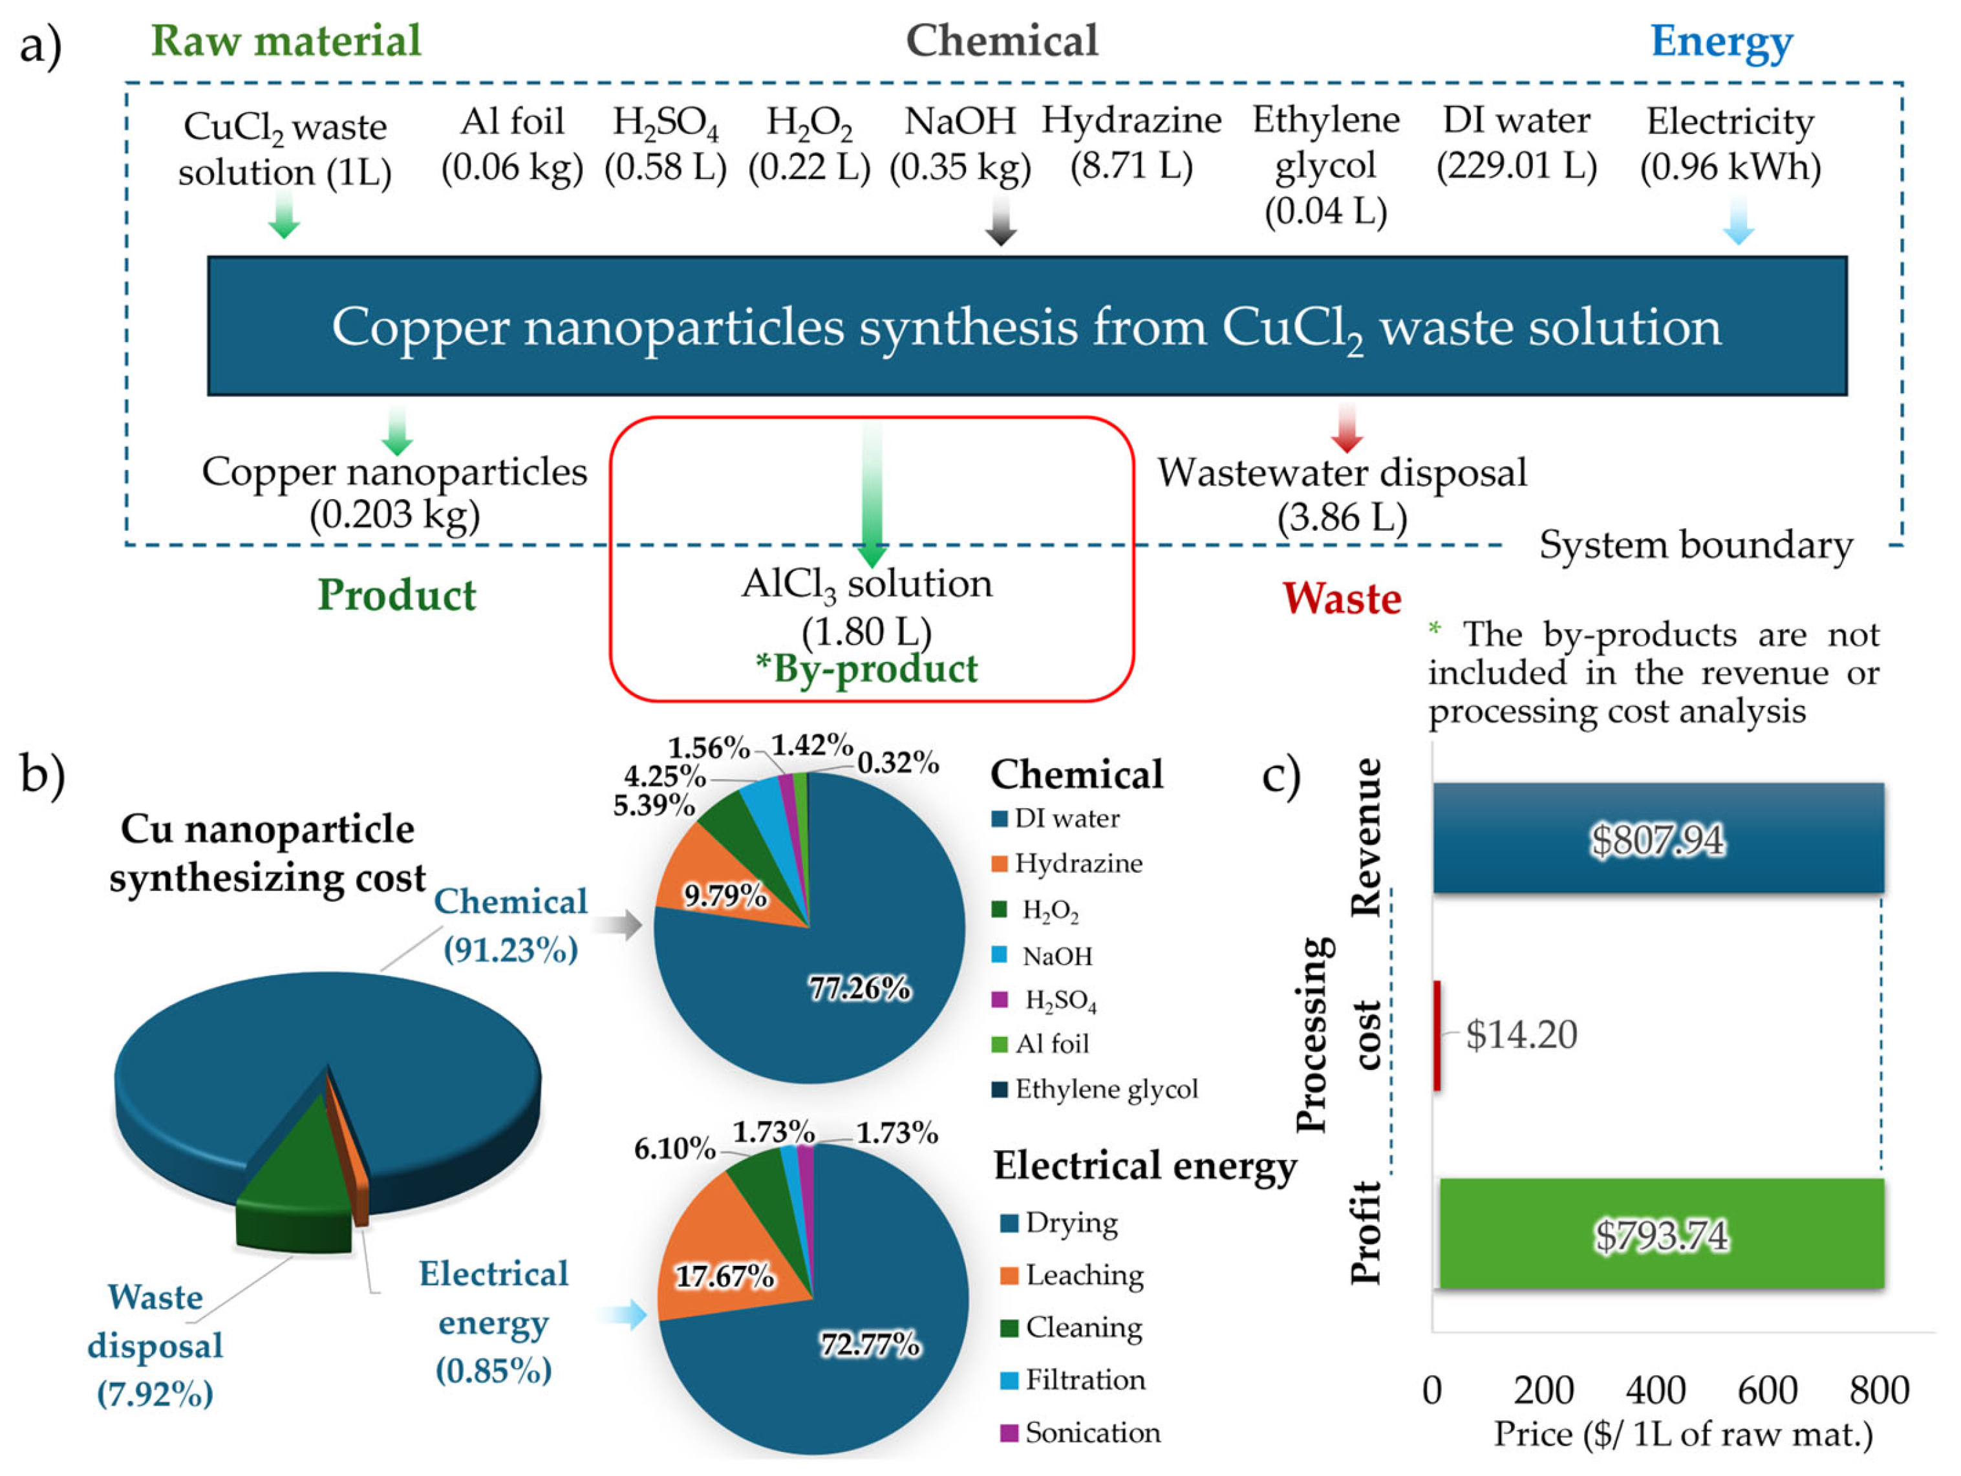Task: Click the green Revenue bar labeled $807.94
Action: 1658,838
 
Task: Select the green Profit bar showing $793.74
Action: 1660,1234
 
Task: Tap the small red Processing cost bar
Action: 1437,1036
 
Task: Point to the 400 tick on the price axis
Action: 1655,1390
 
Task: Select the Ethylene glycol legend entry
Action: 1104,1089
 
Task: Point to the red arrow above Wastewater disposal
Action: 1347,427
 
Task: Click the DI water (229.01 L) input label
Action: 1517,143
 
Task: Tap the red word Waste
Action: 1342,599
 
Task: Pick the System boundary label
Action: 1696,544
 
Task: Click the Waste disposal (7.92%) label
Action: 155,1345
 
